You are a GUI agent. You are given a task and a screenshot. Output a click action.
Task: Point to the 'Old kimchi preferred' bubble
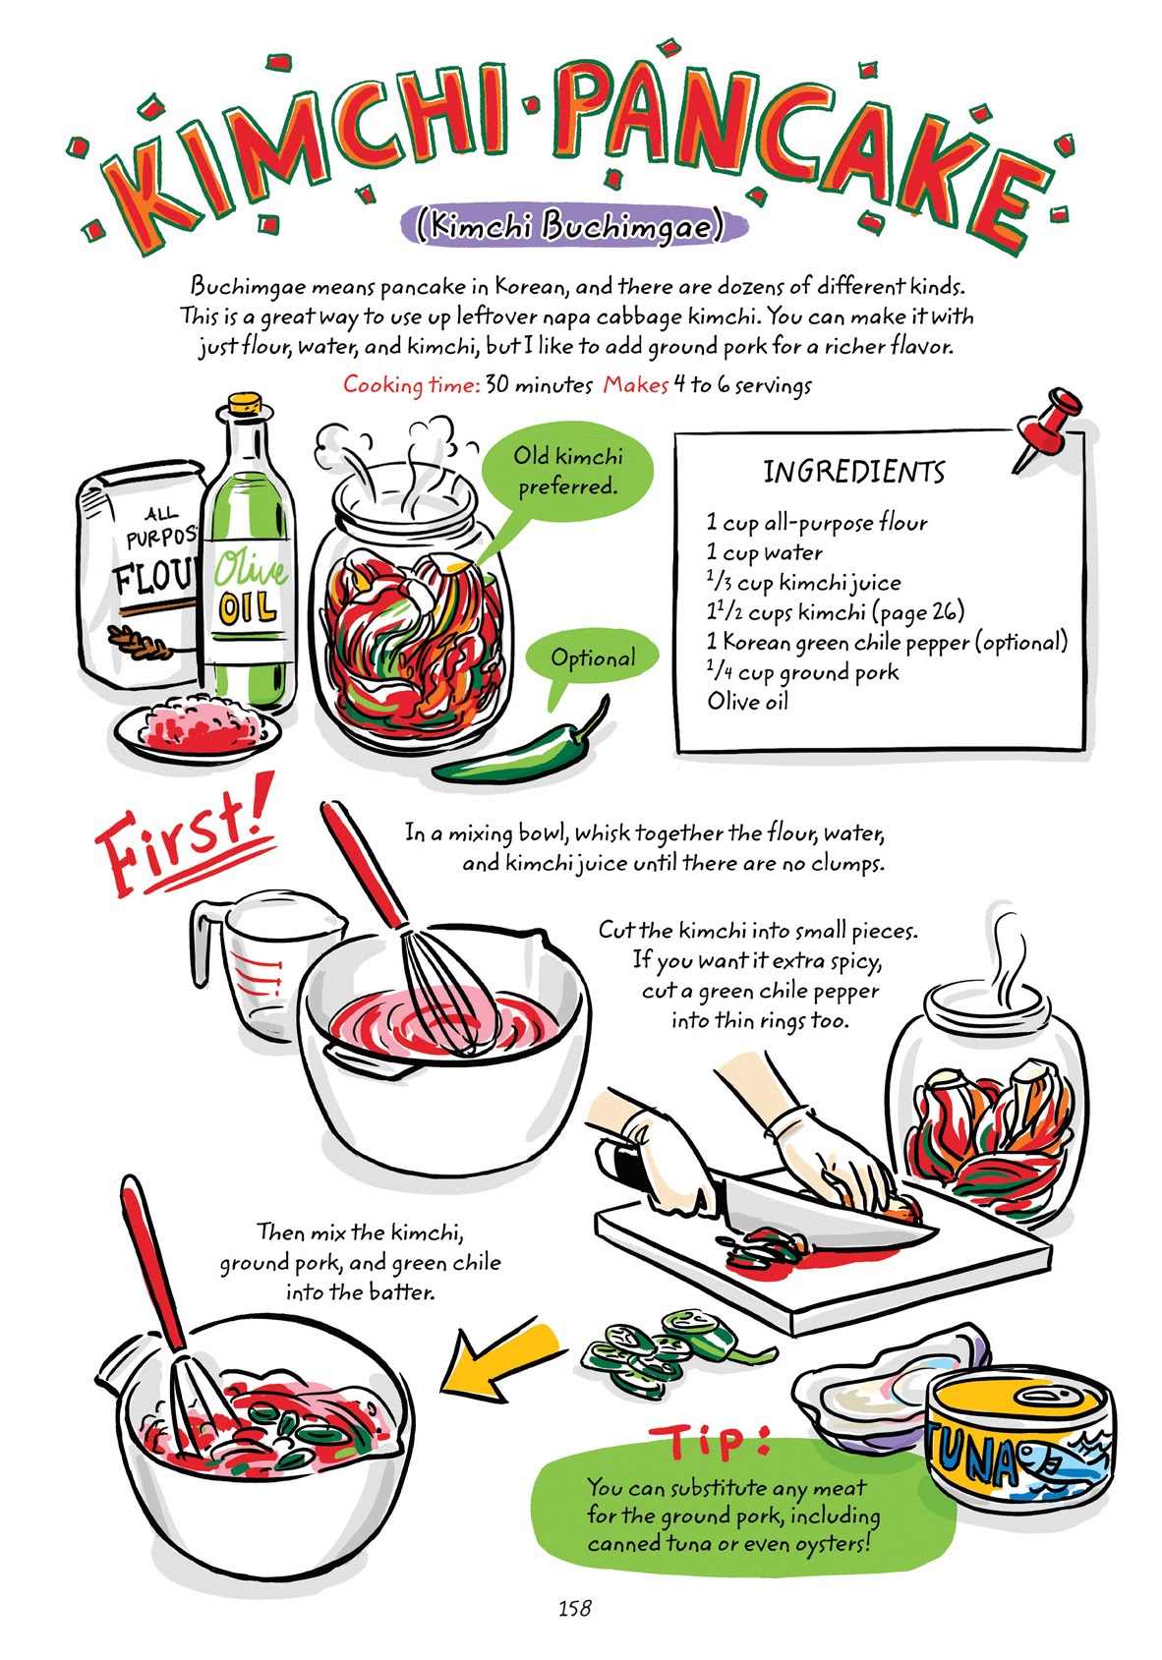point(568,471)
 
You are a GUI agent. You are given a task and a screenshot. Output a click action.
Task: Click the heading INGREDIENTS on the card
point(853,473)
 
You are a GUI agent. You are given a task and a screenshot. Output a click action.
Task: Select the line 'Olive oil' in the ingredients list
point(747,702)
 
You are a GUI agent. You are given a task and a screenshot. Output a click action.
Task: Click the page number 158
point(574,1608)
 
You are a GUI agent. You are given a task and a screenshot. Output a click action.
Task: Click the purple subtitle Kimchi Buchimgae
point(571,228)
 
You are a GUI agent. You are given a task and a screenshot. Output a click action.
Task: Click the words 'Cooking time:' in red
point(411,385)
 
